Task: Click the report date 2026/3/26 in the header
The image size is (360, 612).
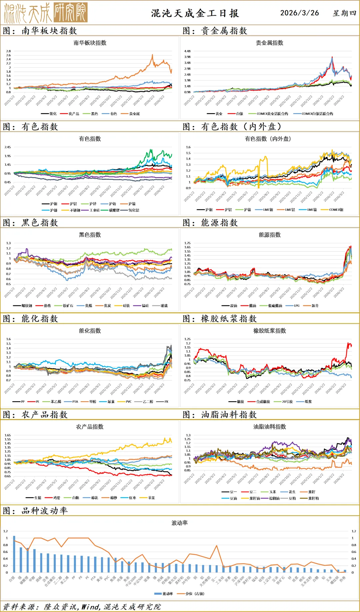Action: pyautogui.click(x=299, y=13)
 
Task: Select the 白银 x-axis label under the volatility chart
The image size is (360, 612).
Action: pyautogui.click(x=12, y=579)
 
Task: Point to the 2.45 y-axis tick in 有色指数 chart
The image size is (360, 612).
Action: pyautogui.click(x=7, y=147)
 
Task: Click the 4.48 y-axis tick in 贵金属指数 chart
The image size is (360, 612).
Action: pyautogui.click(x=187, y=51)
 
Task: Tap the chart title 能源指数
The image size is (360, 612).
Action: pyautogui.click(x=270, y=235)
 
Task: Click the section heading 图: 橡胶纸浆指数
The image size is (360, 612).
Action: pyautogui.click(x=220, y=319)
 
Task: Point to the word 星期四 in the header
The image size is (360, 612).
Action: pyautogui.click(x=344, y=13)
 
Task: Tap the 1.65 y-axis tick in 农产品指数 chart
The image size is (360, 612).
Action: pyautogui.click(x=7, y=435)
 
